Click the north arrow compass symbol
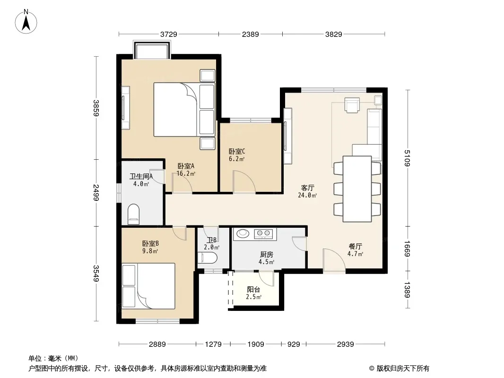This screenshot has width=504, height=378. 26,22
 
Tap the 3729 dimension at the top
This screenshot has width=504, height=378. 169,34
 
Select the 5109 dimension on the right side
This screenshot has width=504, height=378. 407,158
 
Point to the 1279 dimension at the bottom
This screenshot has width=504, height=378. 213,344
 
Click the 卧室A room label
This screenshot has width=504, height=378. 186,166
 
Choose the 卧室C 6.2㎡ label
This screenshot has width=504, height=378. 237,155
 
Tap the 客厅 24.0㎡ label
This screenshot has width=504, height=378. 307,191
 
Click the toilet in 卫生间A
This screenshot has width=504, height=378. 133,214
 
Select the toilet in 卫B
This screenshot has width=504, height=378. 208,258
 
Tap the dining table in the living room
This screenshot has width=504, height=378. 357,189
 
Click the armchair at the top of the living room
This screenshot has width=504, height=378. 352,105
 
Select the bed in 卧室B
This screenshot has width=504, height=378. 148,286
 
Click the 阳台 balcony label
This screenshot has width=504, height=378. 253,289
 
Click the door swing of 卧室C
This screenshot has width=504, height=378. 244,182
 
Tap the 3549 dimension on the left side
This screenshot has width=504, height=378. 96,273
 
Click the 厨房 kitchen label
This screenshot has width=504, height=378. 267,254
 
